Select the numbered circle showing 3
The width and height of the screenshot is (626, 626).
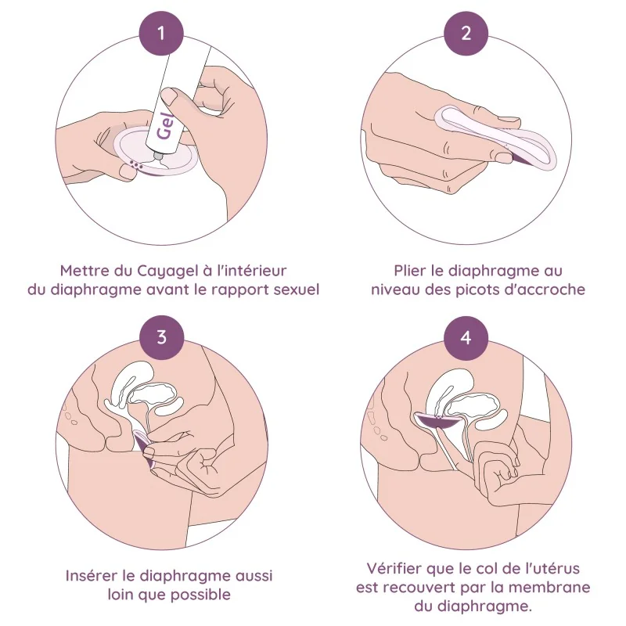coord(161,337)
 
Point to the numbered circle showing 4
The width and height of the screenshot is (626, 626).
coord(467,337)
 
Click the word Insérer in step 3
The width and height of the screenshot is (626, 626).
coord(95,575)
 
